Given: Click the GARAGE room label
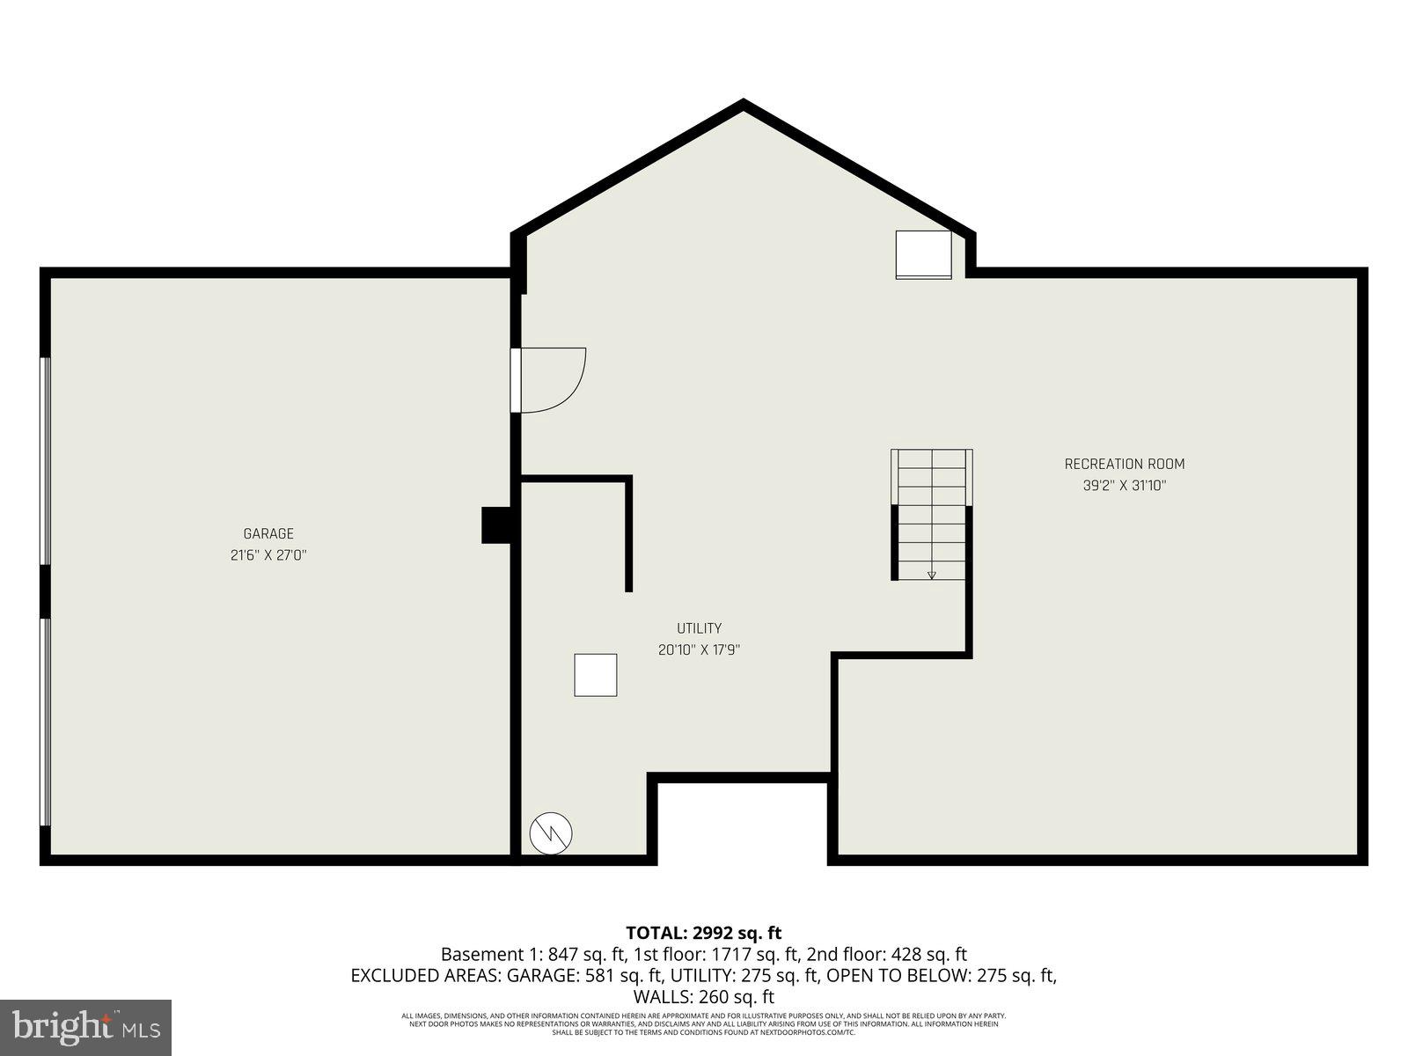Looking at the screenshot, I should (x=268, y=533).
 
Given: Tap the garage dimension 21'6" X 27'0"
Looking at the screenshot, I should (x=268, y=555).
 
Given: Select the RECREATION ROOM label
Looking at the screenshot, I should (x=1125, y=464).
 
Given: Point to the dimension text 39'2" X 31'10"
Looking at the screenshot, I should (x=1125, y=485).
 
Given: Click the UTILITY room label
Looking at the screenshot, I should (x=699, y=628).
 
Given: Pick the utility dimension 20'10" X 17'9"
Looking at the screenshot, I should (x=699, y=650).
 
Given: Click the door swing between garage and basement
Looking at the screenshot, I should (x=550, y=379).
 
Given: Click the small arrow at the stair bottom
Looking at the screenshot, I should (x=932, y=576).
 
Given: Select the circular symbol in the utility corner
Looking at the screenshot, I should (x=551, y=832).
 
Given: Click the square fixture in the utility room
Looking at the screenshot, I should (x=596, y=675).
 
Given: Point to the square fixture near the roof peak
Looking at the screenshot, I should (x=923, y=254).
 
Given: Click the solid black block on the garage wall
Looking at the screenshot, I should (x=497, y=525).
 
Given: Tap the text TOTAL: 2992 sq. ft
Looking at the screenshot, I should (x=703, y=933).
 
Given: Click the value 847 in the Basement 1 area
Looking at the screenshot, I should (x=563, y=954).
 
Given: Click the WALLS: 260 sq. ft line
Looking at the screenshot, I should (x=703, y=997).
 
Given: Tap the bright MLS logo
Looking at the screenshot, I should (x=86, y=1026).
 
